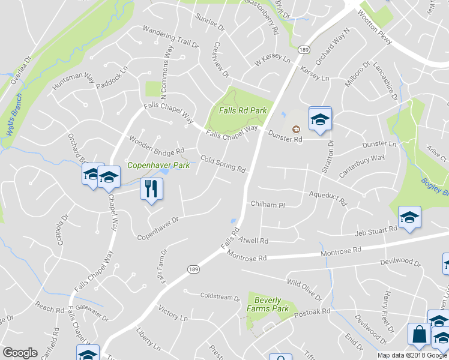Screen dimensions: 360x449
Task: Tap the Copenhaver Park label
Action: (x=158, y=165)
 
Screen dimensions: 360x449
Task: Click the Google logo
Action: (x=20, y=353)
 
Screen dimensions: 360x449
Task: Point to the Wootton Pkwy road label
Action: (x=376, y=27)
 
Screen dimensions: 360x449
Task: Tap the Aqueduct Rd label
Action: (x=328, y=199)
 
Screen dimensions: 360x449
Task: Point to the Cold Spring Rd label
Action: (x=223, y=164)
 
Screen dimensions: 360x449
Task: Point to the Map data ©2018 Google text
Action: (x=412, y=355)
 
